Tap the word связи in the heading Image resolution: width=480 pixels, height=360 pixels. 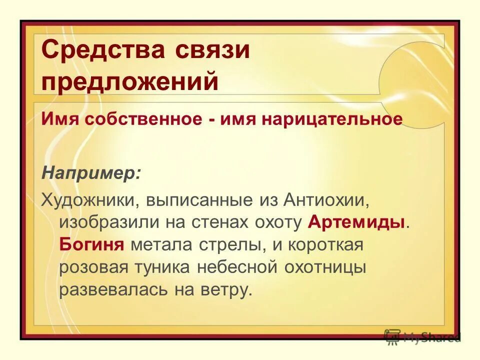tap(212, 50)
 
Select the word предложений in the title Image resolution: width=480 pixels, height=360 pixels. tap(130, 81)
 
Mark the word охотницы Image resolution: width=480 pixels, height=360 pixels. tap(325, 267)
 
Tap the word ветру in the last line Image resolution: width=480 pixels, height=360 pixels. tap(225, 290)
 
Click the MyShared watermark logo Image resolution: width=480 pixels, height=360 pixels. tap(422, 337)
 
